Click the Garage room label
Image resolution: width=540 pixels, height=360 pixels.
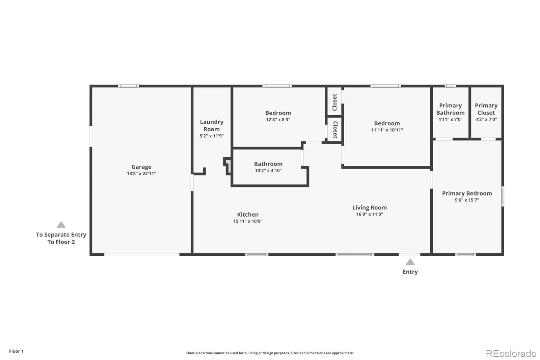[x=141, y=167]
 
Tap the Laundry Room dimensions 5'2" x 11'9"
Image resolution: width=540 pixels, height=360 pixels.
[x=211, y=136]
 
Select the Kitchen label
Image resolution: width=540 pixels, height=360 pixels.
[x=248, y=214]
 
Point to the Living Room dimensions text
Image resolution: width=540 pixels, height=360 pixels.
[x=370, y=214]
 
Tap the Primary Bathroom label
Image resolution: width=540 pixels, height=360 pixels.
[x=450, y=109]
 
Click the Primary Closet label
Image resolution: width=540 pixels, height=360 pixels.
[x=486, y=109]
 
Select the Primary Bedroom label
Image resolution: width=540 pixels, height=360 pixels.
[x=467, y=193]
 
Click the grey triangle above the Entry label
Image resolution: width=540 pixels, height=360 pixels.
[x=410, y=262]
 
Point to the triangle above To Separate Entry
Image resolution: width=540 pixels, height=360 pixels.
[x=61, y=225]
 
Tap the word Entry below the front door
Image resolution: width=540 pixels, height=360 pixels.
[x=410, y=272]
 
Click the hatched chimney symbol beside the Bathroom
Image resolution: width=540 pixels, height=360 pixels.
[x=228, y=166]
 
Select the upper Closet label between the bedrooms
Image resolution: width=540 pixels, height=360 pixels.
[x=334, y=102]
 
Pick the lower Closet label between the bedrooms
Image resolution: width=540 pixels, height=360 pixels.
[x=335, y=130]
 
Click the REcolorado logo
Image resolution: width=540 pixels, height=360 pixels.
[x=511, y=354]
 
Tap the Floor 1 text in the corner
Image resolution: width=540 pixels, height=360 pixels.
[x=17, y=351]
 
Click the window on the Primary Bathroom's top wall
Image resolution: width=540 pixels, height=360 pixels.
[x=450, y=86]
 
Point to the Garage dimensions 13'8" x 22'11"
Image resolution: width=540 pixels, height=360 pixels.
[x=141, y=174]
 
